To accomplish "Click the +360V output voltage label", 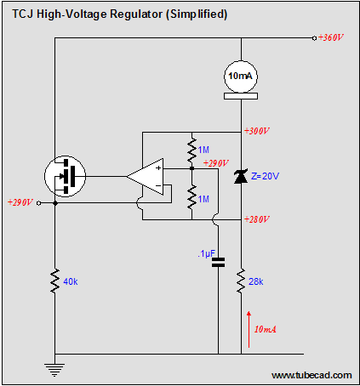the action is click(x=331, y=37).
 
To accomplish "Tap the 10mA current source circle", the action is click(x=241, y=77).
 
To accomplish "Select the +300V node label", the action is click(x=257, y=131).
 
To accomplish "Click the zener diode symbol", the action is click(x=241, y=176).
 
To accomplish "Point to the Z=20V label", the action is click(x=265, y=176).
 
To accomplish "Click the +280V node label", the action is click(x=257, y=219).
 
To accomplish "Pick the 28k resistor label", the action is click(x=256, y=281).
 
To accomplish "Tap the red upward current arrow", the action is click(x=249, y=329).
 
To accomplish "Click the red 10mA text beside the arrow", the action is click(x=266, y=329).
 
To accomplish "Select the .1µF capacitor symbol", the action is click(x=219, y=263).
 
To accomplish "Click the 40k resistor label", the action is click(x=71, y=281).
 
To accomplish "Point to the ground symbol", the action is click(x=54, y=369).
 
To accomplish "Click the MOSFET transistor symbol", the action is click(x=65, y=176).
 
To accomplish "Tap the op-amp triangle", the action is click(x=145, y=177).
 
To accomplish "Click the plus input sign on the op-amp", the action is click(x=158, y=167).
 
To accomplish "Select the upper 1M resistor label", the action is click(x=203, y=150).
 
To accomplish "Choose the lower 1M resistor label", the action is click(x=203, y=199).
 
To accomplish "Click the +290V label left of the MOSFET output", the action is click(x=20, y=202).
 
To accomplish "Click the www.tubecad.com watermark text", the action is click(x=311, y=375).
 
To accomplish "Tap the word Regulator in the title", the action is click(x=136, y=14).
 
